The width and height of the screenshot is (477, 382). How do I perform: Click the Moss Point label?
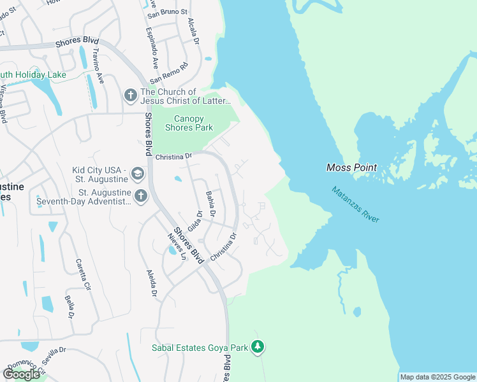pos(351,168)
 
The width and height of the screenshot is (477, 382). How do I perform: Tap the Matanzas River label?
pos(355,204)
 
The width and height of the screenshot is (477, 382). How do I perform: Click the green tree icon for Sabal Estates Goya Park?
pos(258,348)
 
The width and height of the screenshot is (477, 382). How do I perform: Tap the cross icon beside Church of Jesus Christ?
pos(130,95)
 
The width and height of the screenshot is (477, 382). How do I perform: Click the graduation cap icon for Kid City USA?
pos(137,173)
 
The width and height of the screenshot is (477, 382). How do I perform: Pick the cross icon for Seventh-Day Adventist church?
pos(141,195)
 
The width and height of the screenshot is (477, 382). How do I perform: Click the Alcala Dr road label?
pos(194,29)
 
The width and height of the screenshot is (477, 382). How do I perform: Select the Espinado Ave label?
pos(153,48)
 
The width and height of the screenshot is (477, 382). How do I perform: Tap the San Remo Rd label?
pos(170,73)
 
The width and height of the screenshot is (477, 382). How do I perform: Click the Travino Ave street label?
pos(98,66)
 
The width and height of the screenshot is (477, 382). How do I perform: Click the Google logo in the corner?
pos(21,374)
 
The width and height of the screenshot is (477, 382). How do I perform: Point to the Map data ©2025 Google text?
pos(437,377)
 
